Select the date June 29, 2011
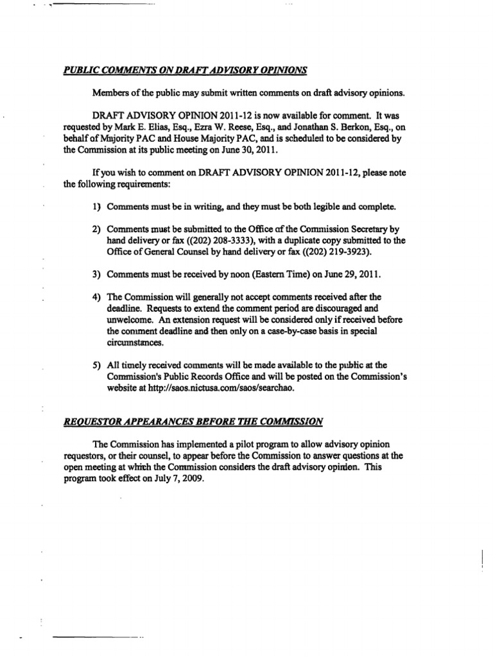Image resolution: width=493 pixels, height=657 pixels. [x=349, y=274]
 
